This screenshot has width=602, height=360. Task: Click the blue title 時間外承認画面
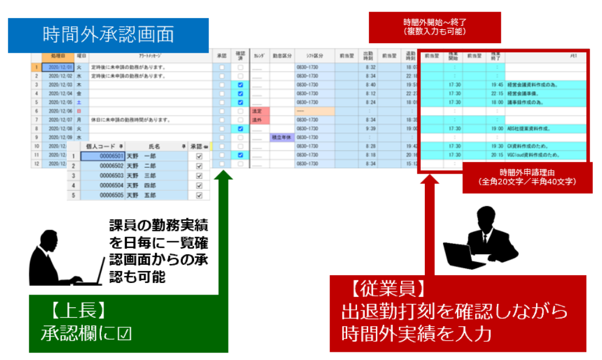(108, 34)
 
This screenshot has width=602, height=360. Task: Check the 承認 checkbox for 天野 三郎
(199, 175)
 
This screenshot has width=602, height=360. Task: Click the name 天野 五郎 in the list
(143, 195)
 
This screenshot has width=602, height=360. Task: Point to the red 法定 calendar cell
(257, 110)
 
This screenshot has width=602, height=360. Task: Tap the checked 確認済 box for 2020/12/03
(240, 85)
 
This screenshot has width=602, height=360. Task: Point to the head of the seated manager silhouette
(46, 238)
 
